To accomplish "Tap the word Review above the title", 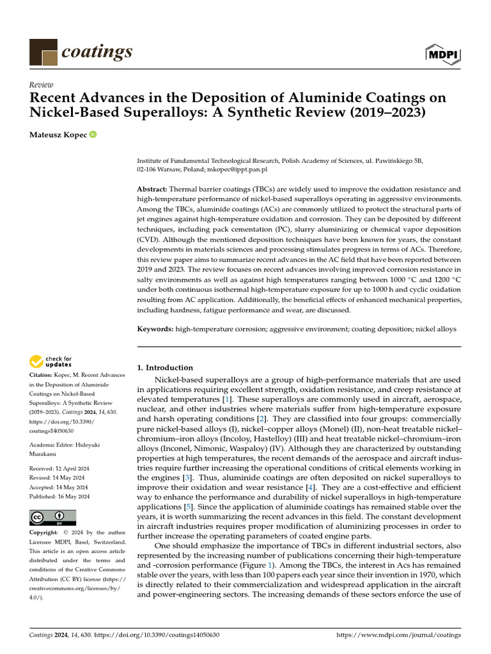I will [x=41, y=85].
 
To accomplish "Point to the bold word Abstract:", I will [x=152, y=190].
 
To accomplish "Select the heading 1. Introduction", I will [x=165, y=367].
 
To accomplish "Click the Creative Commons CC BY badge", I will [x=52, y=517].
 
